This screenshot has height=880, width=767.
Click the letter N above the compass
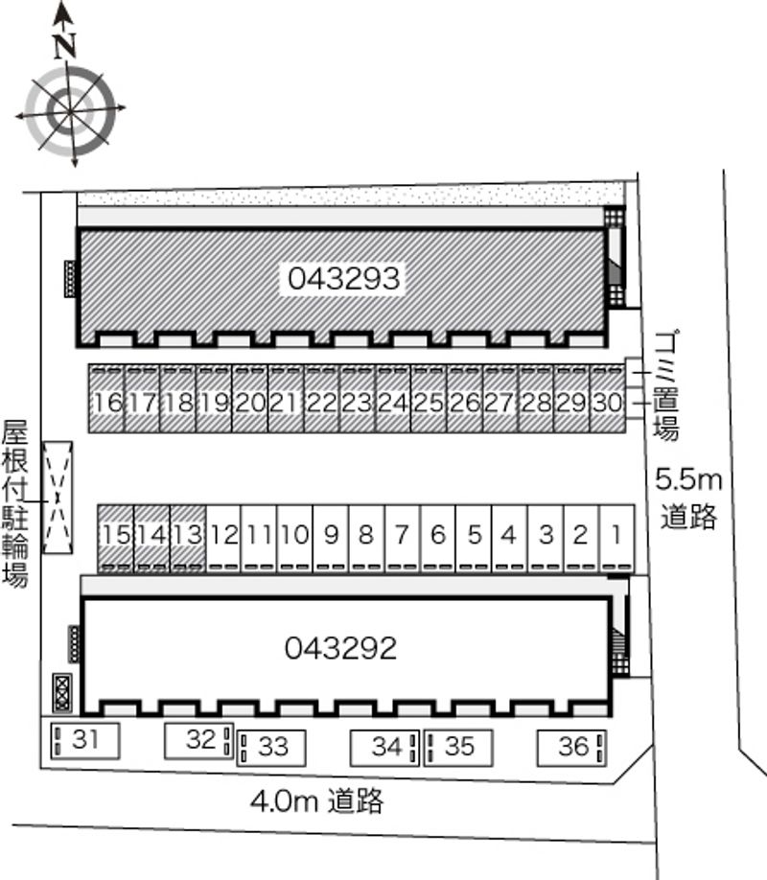click(x=65, y=46)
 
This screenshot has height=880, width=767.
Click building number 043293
click(x=343, y=278)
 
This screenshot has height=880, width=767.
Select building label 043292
click(x=340, y=648)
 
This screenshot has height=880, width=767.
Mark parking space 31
click(x=85, y=741)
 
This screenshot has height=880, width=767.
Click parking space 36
click(x=571, y=748)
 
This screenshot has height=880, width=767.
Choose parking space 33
click(x=271, y=748)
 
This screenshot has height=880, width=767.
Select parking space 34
click(x=384, y=748)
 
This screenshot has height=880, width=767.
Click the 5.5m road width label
click(x=688, y=480)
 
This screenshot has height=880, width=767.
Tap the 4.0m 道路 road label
click(x=317, y=800)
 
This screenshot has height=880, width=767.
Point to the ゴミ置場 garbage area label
click(x=666, y=385)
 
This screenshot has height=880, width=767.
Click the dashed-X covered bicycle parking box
click(x=58, y=498)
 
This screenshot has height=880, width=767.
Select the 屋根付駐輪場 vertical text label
click(x=14, y=503)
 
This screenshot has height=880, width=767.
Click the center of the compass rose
click(x=71, y=111)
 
